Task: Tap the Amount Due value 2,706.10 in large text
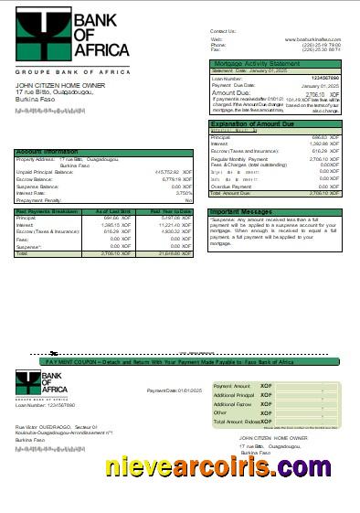pos(316,93)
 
